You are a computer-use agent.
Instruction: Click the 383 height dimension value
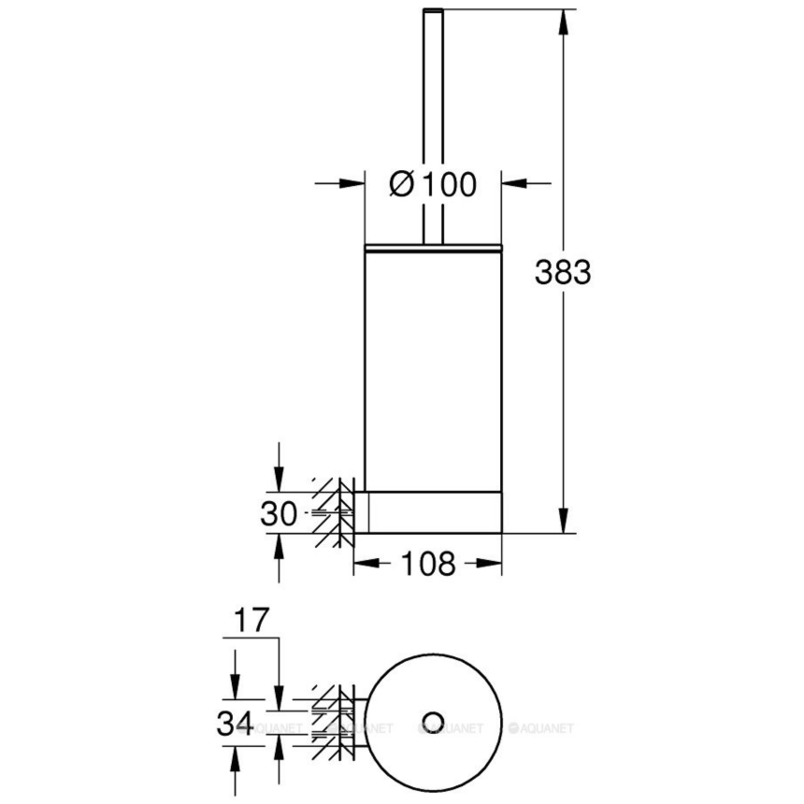pos(563,273)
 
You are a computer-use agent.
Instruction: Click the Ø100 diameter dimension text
pos(432,184)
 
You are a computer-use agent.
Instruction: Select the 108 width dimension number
pos(427,564)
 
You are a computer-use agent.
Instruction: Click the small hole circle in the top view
pos(432,720)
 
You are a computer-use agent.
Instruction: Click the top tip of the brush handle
pos(432,11)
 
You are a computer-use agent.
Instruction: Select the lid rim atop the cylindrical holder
pos(433,247)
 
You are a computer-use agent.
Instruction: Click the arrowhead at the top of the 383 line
pos(563,21)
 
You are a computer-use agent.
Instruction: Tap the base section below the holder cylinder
pos(433,512)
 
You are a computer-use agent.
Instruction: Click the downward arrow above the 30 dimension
pos(279,481)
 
